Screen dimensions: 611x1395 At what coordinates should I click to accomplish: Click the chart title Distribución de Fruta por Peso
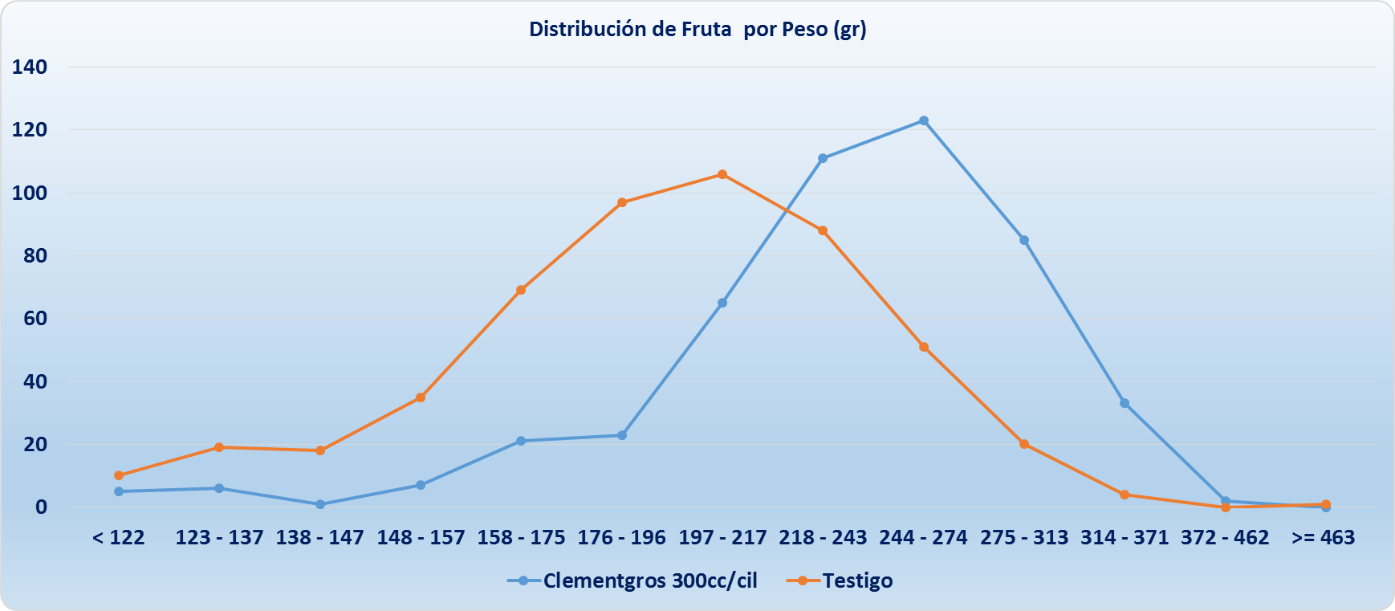[x=697, y=30]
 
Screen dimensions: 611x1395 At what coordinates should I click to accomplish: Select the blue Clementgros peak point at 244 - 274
[x=924, y=120]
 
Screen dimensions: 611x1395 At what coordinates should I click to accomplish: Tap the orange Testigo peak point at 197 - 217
[x=722, y=174]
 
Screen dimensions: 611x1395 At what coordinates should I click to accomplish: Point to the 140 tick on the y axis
[x=30, y=67]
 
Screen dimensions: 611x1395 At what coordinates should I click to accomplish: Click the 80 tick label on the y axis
[x=35, y=256]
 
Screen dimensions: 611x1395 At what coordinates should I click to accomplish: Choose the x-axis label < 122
[x=119, y=538]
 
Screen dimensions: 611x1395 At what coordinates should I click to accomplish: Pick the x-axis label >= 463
[x=1323, y=538]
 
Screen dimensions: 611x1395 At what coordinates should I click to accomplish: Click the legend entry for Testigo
[x=857, y=580]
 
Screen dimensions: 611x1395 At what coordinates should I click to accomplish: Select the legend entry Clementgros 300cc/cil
[x=649, y=580]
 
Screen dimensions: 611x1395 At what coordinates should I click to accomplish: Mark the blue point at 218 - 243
[x=823, y=158]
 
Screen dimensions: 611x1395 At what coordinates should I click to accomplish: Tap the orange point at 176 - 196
[x=622, y=202]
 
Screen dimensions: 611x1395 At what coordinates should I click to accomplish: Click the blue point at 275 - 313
[x=1024, y=240]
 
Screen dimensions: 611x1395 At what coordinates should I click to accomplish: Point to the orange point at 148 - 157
[x=421, y=397]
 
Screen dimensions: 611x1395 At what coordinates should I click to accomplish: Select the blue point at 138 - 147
[x=320, y=504]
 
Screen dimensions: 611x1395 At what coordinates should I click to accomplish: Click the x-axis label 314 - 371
[x=1125, y=538]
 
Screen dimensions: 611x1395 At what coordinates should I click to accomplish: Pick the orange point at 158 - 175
[x=521, y=290]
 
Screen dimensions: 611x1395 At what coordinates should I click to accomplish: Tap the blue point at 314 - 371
[x=1125, y=403]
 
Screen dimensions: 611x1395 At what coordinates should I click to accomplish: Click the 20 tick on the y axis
[x=35, y=445]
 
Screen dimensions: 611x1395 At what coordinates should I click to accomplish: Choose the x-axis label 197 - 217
[x=722, y=538]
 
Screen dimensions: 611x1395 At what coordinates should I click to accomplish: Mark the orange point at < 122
[x=119, y=475]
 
